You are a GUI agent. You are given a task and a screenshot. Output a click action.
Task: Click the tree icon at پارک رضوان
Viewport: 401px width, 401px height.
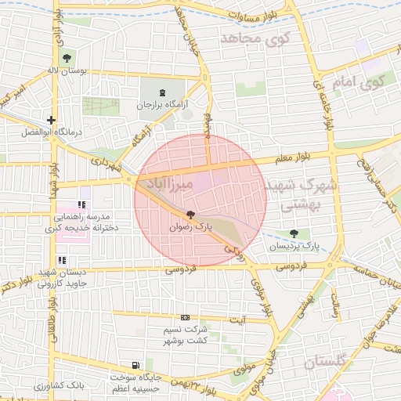[x=190, y=215]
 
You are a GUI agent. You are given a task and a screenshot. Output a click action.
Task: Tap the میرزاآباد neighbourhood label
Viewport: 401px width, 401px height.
[x=164, y=184]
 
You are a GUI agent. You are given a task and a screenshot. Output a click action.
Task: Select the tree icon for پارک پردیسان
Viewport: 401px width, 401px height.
[x=294, y=233]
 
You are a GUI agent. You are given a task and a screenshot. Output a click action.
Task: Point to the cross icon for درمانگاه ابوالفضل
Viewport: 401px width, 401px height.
[x=51, y=121]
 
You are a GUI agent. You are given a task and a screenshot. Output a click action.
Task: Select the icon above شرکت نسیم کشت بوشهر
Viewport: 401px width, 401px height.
[x=185, y=317]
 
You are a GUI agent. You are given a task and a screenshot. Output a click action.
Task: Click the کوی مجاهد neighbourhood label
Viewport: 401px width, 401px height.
[x=256, y=37]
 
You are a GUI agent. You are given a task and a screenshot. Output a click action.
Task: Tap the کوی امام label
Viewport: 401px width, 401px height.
[x=357, y=81]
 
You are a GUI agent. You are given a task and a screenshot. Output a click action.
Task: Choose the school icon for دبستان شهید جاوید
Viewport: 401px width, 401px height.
[x=62, y=261]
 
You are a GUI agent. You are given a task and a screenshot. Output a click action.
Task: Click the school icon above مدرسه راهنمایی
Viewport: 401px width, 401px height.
[x=81, y=204]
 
